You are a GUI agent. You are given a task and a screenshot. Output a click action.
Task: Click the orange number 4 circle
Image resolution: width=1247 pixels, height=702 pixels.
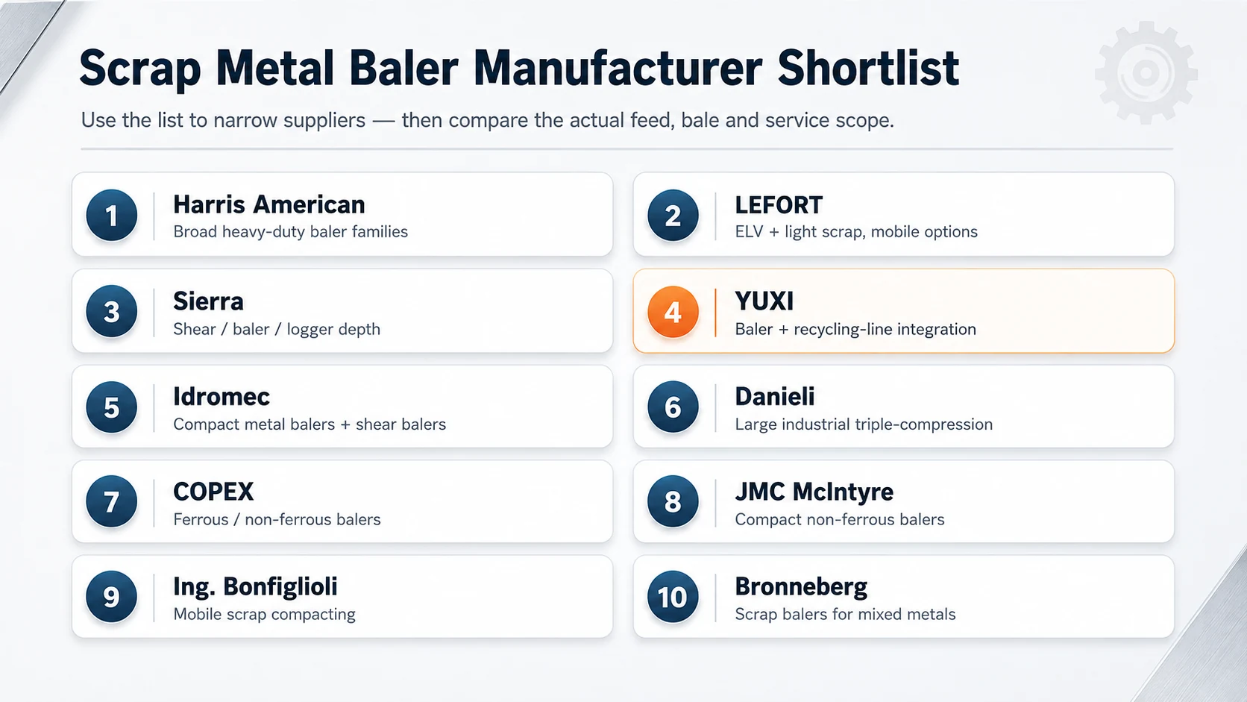(x=673, y=312)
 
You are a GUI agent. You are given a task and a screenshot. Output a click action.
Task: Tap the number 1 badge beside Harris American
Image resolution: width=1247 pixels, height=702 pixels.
(x=111, y=215)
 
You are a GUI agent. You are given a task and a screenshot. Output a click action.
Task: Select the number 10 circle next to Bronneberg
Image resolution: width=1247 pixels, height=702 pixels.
(x=673, y=597)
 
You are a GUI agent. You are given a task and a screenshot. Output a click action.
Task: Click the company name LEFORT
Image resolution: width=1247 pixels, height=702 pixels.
(x=779, y=205)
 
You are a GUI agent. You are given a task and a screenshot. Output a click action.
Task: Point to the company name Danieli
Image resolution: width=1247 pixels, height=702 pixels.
(x=774, y=397)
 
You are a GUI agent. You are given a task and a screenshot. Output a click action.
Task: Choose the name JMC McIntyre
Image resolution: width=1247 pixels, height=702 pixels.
(x=814, y=492)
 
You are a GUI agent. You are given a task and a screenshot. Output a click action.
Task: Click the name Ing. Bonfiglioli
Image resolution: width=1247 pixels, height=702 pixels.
(x=255, y=587)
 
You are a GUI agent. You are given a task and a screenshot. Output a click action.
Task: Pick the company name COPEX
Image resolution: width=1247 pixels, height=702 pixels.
(x=213, y=492)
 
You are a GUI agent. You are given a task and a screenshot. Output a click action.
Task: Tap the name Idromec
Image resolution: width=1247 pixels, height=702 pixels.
(x=221, y=397)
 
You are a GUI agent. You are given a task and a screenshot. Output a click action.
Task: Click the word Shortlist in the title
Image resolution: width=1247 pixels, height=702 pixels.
(x=868, y=69)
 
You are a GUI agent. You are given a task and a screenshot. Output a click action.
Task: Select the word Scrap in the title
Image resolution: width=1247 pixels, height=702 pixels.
(x=139, y=70)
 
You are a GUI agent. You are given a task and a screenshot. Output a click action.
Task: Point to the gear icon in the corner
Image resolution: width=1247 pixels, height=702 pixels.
(x=1146, y=72)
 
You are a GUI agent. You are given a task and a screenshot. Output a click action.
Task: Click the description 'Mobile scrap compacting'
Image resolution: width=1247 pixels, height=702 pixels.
(x=264, y=614)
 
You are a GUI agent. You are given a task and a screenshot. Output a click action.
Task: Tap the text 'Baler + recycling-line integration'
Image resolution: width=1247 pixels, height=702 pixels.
(x=855, y=329)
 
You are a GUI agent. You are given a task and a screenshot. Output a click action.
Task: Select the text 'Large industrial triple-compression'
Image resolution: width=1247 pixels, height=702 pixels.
(x=864, y=424)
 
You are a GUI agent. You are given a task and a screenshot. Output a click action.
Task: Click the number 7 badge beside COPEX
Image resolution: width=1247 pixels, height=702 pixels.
(x=111, y=501)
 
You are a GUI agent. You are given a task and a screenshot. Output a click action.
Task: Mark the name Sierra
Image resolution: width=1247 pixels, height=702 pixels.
(x=208, y=301)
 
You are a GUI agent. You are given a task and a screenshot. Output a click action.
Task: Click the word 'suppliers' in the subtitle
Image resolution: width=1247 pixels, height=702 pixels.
(x=324, y=121)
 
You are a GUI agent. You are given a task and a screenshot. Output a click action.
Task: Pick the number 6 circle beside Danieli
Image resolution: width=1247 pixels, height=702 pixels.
(x=673, y=407)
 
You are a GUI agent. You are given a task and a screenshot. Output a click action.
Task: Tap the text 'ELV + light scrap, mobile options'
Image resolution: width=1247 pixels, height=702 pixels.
(x=855, y=231)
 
